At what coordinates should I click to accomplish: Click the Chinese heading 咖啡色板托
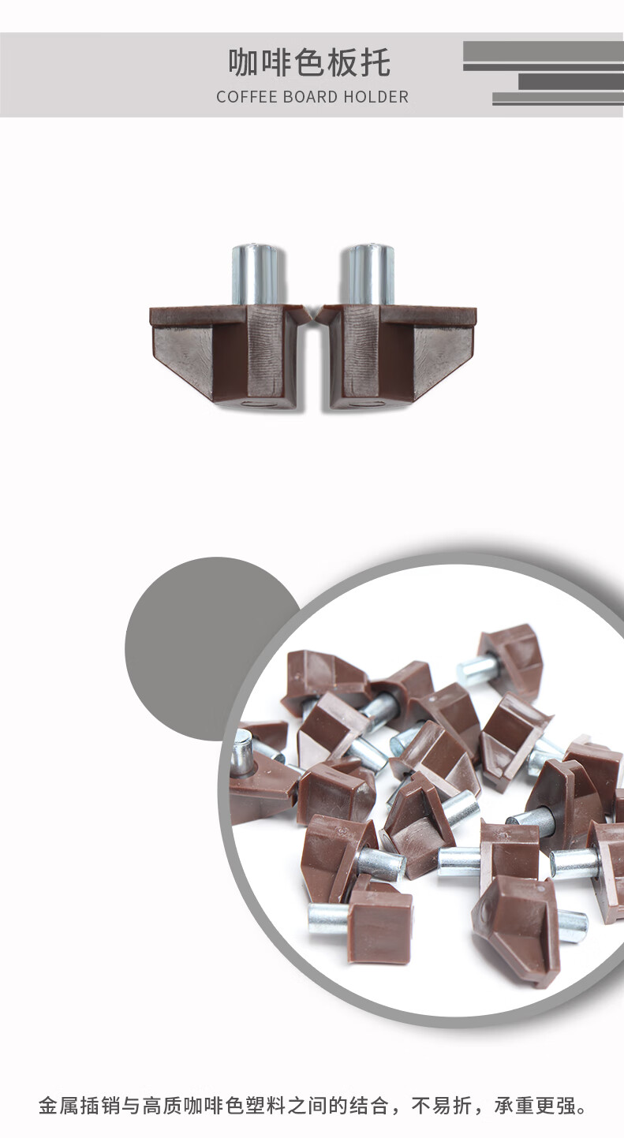point(309,62)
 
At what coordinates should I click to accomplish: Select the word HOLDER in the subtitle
point(376,96)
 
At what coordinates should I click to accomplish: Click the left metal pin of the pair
point(258,275)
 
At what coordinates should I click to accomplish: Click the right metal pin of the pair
point(369,275)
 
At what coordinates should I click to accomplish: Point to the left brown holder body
point(230,356)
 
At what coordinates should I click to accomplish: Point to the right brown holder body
point(396,356)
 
